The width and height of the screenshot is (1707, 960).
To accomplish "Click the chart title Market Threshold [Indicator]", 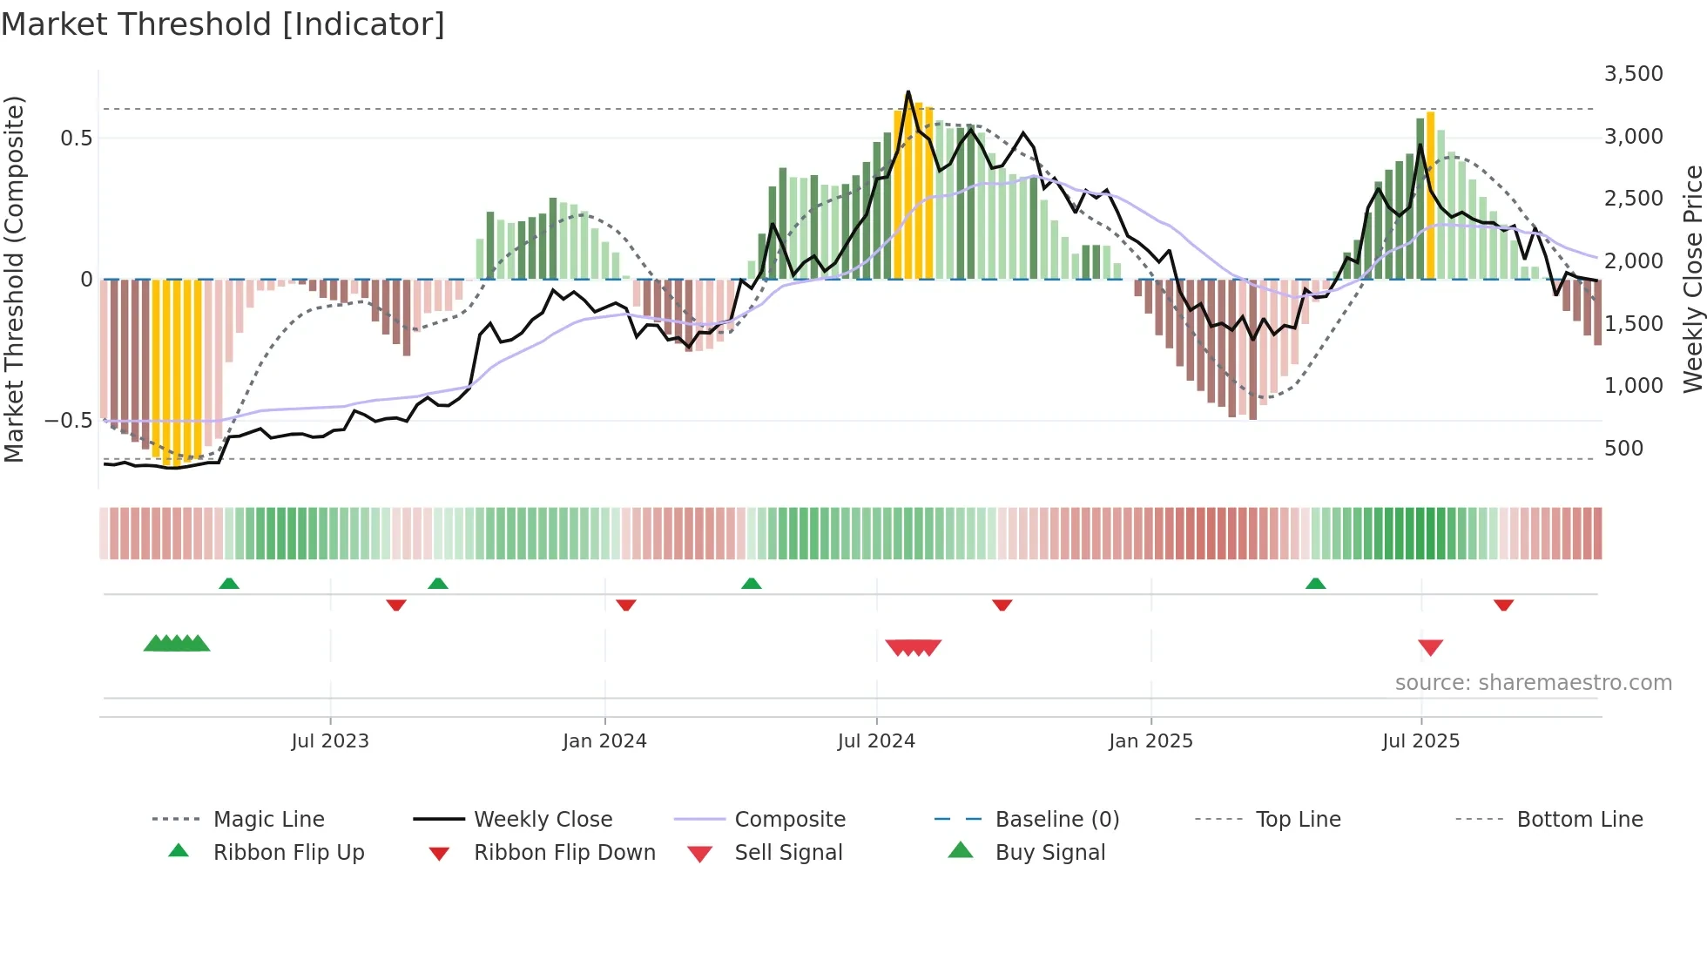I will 223,24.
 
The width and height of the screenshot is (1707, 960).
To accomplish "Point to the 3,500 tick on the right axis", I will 1633,74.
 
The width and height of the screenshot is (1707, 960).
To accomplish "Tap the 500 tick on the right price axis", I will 1623,449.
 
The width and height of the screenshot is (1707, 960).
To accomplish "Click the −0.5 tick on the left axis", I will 69,421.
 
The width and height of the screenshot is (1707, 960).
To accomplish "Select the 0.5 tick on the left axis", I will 76,139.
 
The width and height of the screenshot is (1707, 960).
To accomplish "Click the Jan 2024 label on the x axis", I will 604,741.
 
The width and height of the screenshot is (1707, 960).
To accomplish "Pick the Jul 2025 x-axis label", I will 1420,741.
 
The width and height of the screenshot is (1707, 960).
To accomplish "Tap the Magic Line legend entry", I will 268,820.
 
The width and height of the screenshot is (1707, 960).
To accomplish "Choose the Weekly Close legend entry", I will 543,820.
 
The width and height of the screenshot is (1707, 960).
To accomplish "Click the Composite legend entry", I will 789,820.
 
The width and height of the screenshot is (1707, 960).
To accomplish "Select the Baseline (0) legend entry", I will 1056,820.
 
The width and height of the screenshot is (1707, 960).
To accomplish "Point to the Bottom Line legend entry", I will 1579,820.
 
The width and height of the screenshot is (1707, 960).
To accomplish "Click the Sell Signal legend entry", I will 787,853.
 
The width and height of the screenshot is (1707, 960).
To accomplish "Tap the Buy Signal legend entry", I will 1049,853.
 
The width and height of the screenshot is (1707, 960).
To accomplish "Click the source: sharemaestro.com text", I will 1533,683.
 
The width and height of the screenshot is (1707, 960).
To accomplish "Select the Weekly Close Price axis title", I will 1692,279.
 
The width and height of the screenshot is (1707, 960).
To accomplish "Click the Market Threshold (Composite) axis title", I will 14,279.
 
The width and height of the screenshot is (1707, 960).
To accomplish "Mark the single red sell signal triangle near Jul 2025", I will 1430,647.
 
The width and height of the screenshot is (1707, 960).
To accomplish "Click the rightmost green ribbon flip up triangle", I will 1315,584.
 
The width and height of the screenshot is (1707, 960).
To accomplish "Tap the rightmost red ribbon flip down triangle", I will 1503,605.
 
